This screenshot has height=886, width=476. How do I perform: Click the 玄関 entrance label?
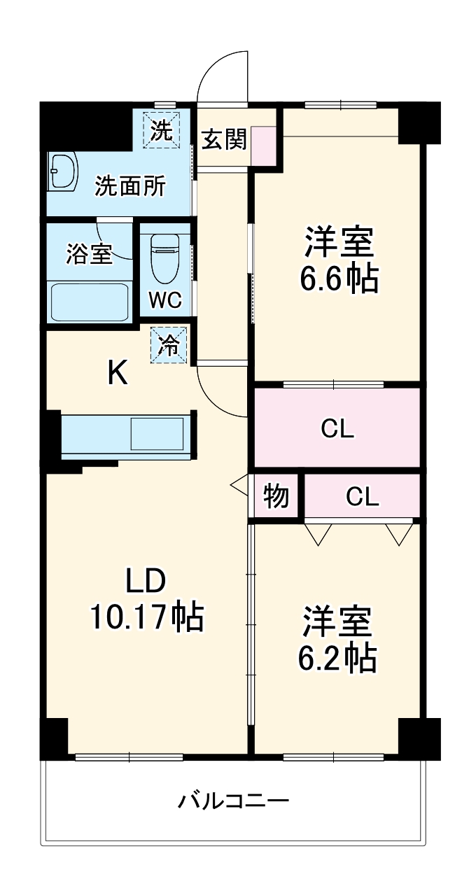click(x=224, y=139)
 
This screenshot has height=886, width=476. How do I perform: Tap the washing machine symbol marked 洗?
click(x=162, y=130)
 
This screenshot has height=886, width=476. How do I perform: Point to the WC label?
click(x=165, y=300)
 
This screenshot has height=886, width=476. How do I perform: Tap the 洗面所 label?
click(x=131, y=186)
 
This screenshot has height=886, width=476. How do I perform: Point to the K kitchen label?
click(x=117, y=373)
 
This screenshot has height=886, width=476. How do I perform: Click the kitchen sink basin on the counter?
click(x=158, y=434)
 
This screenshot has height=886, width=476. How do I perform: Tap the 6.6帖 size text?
click(x=339, y=279)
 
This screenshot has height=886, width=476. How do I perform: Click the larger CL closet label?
click(x=337, y=428)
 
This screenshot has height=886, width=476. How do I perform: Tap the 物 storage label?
click(x=276, y=496)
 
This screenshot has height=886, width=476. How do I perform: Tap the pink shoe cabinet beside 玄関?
click(x=264, y=146)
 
